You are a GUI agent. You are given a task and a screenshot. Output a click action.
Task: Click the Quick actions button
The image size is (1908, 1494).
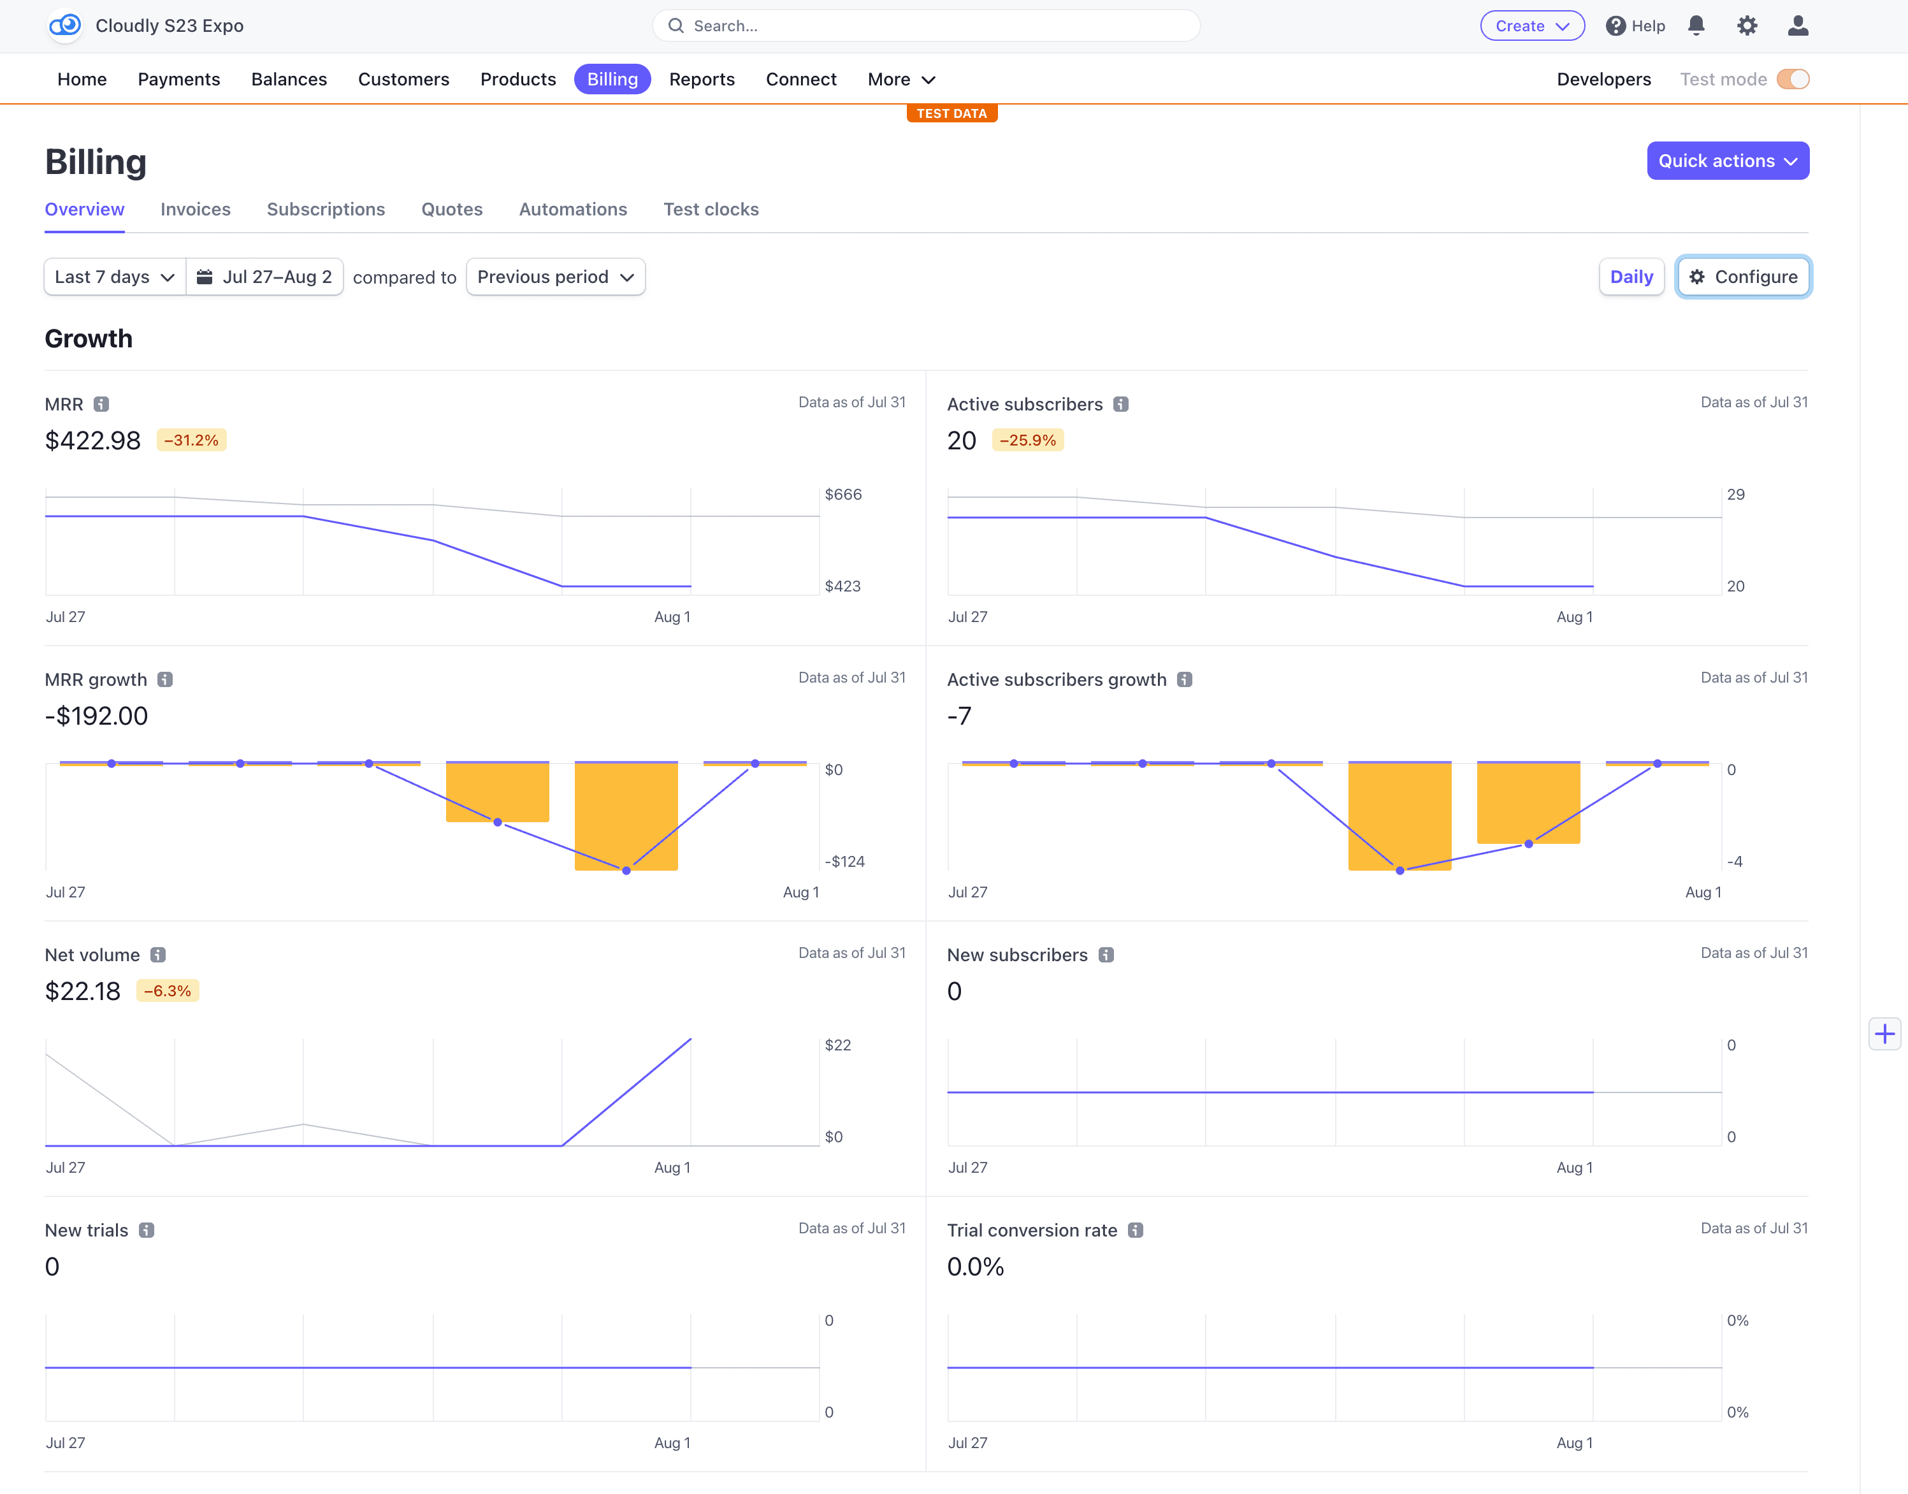tap(1727, 161)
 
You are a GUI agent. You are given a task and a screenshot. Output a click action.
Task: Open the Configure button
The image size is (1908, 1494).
tap(1743, 277)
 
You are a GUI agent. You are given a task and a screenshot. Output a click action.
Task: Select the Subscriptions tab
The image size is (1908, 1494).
tap(325, 210)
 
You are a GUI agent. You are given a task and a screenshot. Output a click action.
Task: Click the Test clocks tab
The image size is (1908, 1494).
tap(710, 210)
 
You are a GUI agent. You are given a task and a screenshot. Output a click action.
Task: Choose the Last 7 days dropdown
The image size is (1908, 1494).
tap(115, 277)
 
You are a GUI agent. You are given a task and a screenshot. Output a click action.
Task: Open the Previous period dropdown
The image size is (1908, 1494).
tap(555, 277)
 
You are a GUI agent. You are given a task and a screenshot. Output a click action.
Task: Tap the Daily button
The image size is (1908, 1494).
tap(1631, 277)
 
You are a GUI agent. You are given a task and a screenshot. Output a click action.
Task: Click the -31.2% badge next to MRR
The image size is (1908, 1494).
tap(191, 440)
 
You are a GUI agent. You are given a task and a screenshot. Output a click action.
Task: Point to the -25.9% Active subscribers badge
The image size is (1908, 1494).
tap(1027, 440)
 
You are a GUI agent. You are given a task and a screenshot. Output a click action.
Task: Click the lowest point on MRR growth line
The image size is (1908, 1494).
tap(626, 871)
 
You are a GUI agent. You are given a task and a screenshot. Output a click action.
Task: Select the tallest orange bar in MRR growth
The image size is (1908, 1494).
tap(626, 815)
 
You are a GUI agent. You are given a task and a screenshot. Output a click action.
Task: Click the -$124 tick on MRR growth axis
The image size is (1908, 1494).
tap(844, 862)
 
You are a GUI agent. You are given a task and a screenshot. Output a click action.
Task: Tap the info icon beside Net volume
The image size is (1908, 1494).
tap(158, 955)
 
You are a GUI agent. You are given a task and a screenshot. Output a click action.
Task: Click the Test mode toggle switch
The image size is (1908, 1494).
tap(1793, 80)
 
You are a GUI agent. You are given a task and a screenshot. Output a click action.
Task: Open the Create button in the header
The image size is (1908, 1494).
tap(1531, 26)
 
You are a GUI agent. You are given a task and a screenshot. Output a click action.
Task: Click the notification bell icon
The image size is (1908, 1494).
tap(1696, 25)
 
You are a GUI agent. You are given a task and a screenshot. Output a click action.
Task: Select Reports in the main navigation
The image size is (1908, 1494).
tap(701, 80)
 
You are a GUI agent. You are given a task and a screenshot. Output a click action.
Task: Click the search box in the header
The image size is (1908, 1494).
tap(926, 26)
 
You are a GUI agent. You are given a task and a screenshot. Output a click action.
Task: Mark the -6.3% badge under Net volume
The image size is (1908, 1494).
tap(168, 991)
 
